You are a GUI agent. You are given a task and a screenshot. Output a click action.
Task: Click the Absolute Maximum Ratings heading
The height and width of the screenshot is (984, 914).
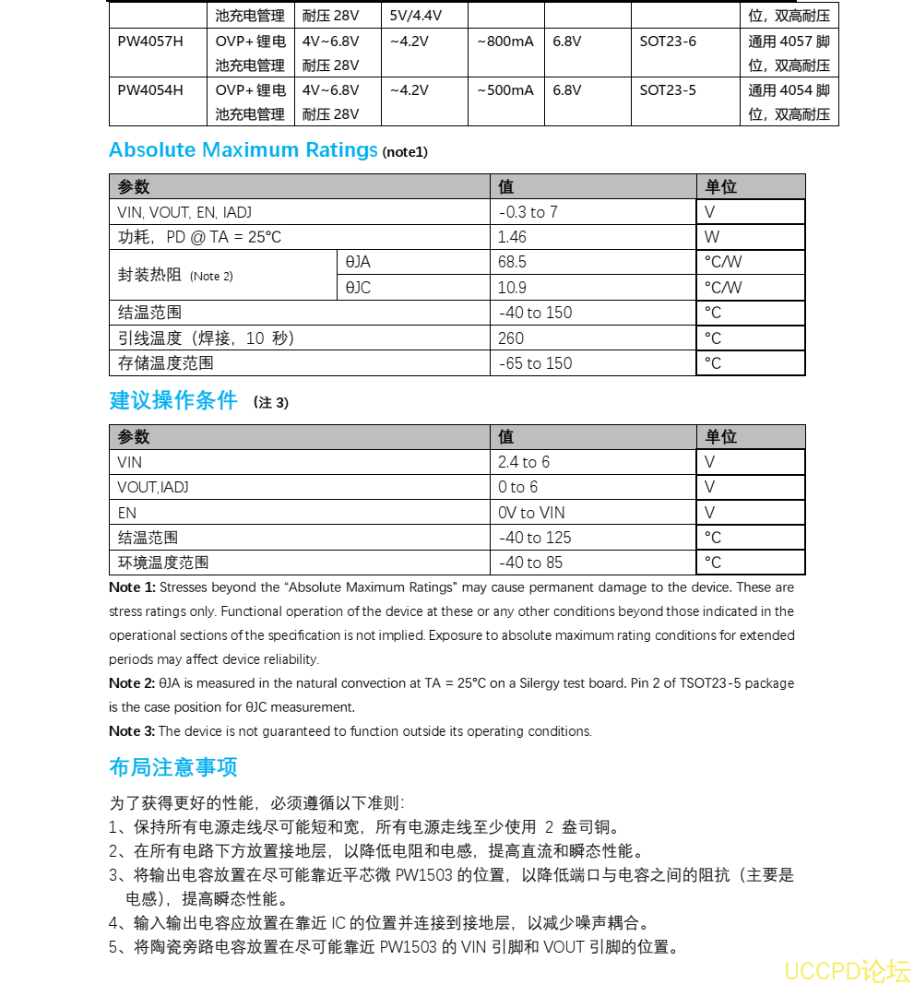(243, 150)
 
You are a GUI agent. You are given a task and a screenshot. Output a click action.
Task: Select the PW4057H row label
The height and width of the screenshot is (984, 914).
(150, 41)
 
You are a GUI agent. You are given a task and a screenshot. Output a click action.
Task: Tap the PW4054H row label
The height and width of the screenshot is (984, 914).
(150, 90)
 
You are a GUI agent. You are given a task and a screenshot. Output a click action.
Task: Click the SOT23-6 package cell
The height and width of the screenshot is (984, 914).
(668, 41)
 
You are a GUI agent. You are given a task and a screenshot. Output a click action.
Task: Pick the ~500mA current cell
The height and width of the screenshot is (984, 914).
(504, 90)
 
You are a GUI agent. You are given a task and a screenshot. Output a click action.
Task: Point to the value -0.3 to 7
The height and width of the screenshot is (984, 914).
(528, 212)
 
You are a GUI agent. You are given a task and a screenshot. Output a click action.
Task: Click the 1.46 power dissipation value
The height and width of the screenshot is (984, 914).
(512, 237)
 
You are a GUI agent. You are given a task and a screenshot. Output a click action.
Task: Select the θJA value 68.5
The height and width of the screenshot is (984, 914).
(512, 262)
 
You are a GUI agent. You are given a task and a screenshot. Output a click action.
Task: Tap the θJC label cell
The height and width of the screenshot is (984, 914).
(358, 288)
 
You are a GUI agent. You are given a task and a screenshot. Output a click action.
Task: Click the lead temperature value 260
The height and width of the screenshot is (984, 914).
(511, 338)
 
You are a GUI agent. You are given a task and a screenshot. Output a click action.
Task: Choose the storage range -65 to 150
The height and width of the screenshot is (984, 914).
(535, 363)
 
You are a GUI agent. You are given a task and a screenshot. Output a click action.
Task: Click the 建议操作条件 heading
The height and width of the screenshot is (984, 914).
(173, 401)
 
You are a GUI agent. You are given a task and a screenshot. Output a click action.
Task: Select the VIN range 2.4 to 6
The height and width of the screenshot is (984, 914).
(523, 462)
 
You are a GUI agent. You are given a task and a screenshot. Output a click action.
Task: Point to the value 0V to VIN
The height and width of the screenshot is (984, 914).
(531, 513)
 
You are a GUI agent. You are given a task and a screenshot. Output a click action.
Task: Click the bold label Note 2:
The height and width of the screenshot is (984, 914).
(132, 683)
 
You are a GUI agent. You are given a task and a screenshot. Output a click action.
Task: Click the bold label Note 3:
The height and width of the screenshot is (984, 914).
(132, 731)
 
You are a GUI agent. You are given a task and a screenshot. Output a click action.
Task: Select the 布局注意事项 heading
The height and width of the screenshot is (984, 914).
(173, 767)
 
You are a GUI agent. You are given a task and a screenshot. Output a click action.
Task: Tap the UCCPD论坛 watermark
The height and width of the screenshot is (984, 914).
(847, 970)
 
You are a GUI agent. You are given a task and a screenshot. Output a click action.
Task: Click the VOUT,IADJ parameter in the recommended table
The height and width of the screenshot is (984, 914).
(153, 487)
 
